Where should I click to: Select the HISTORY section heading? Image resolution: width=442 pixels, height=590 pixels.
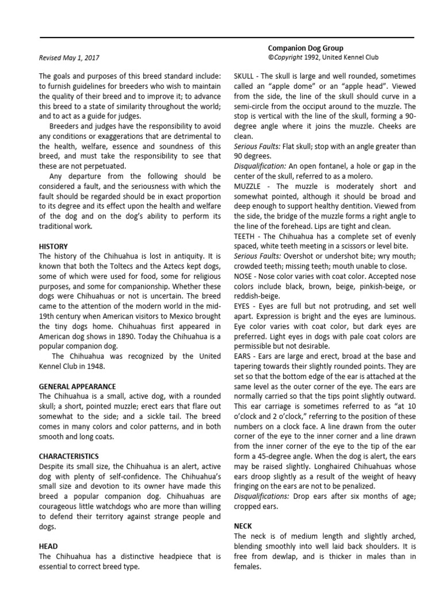(53, 246)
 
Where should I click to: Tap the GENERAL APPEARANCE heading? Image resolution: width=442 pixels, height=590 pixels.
(77, 386)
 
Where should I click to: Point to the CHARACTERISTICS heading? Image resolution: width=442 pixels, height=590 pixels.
(68, 456)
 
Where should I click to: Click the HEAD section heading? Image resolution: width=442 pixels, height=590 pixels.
(48, 546)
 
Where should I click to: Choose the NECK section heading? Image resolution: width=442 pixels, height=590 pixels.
(242, 526)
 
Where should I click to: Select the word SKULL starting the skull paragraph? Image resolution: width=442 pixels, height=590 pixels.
(245, 76)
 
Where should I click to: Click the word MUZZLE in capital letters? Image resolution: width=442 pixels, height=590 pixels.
(249, 186)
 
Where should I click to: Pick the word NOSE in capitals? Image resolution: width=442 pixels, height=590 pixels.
(243, 277)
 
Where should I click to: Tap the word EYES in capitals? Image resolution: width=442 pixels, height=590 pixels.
(243, 307)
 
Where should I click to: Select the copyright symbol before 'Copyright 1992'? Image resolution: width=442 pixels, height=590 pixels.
(270, 58)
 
